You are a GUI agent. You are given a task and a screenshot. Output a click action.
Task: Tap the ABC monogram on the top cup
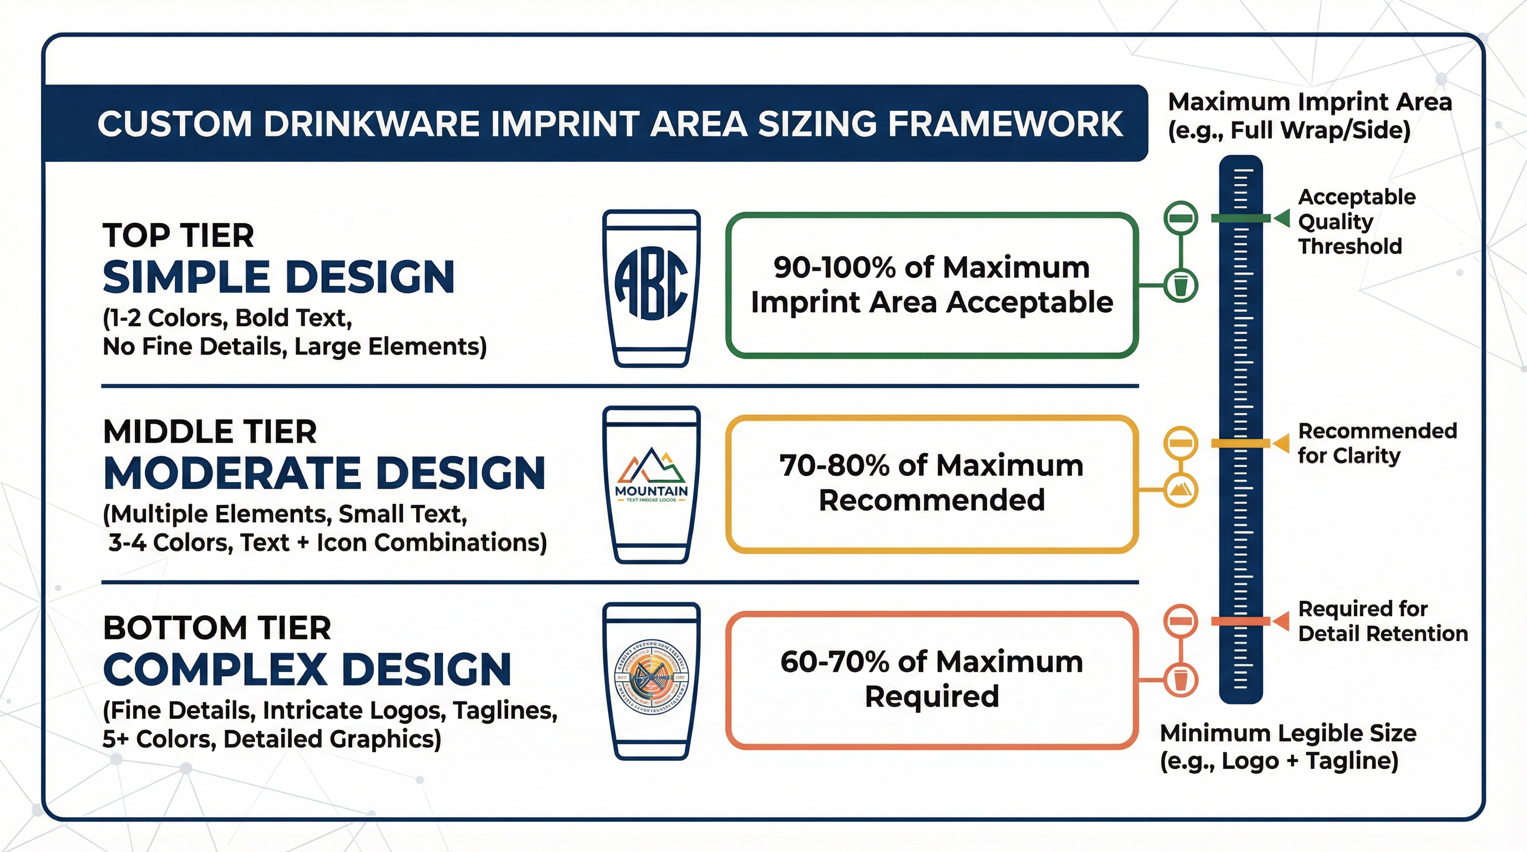click(651, 283)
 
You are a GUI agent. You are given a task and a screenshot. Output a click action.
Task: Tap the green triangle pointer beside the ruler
click(1282, 218)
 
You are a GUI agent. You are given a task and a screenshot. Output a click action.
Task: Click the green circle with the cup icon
click(1181, 286)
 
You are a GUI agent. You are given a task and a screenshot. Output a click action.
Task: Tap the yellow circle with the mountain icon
click(1181, 490)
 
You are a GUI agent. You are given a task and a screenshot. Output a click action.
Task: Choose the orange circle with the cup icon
click(1181, 679)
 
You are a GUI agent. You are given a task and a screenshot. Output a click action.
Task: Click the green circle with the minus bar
click(1181, 218)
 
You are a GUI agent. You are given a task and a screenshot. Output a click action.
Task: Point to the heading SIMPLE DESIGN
click(279, 277)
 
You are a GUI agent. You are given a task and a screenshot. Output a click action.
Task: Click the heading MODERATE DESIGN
click(323, 473)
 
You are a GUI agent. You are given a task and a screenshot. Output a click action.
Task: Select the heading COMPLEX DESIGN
click(307, 670)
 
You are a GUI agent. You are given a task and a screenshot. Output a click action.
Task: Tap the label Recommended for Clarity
click(1377, 443)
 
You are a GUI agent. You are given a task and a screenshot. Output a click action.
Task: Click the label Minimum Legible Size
click(1287, 733)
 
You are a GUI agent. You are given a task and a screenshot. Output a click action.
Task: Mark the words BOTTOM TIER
click(216, 628)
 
